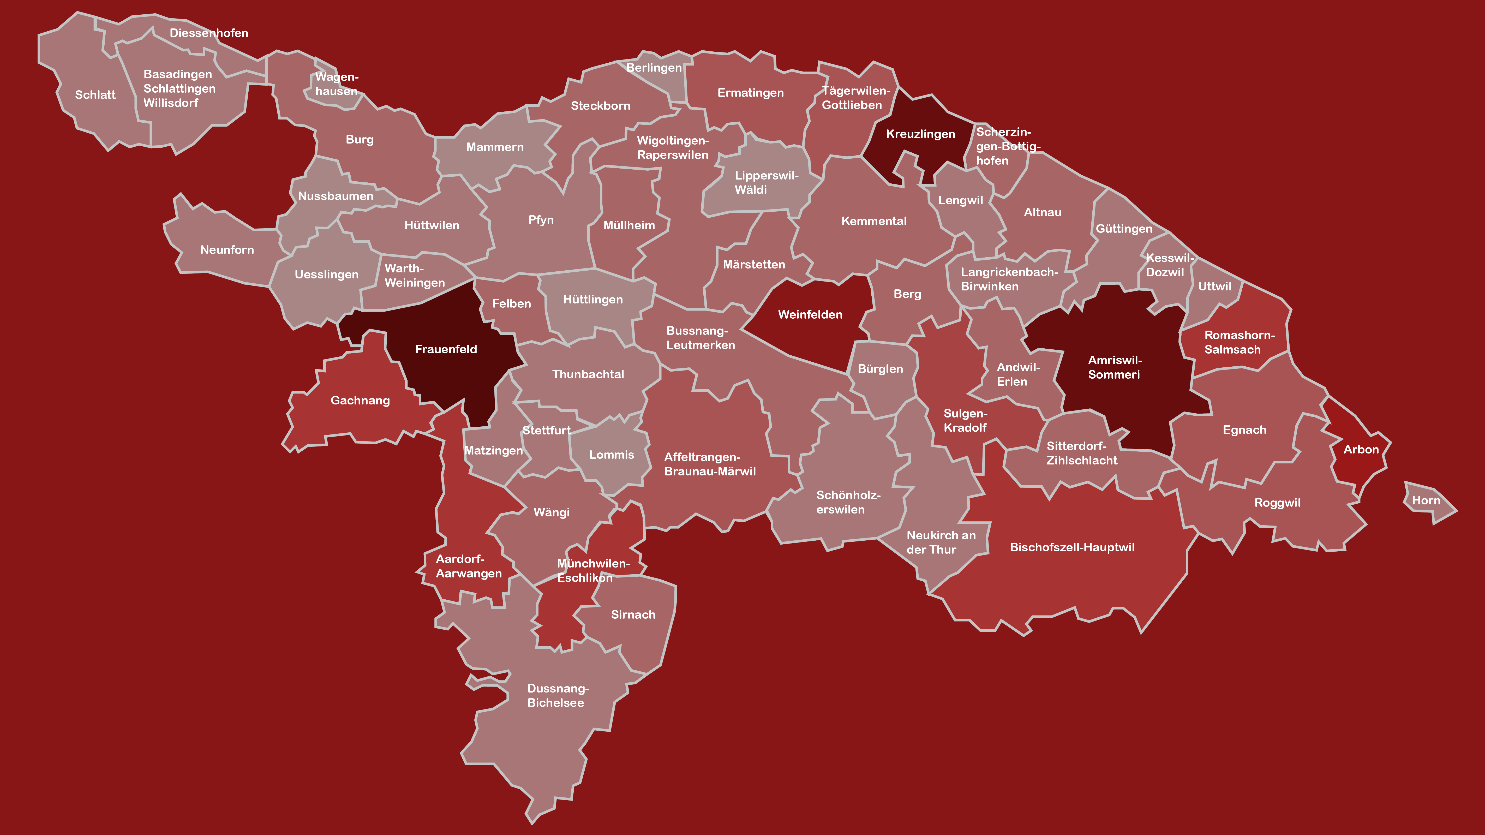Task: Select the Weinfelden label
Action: click(x=810, y=314)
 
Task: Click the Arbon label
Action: click(x=1361, y=449)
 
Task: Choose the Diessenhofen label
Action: click(x=209, y=33)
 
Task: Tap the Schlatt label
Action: click(x=95, y=94)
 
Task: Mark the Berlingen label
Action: click(x=654, y=68)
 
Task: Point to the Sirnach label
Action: click(x=633, y=615)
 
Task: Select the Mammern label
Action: click(x=495, y=147)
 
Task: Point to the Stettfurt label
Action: click(x=546, y=430)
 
